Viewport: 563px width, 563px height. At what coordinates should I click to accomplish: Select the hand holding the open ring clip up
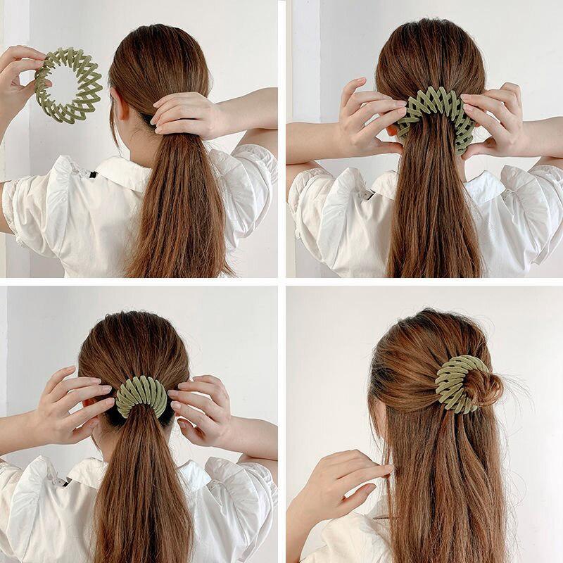[x=18, y=77]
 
